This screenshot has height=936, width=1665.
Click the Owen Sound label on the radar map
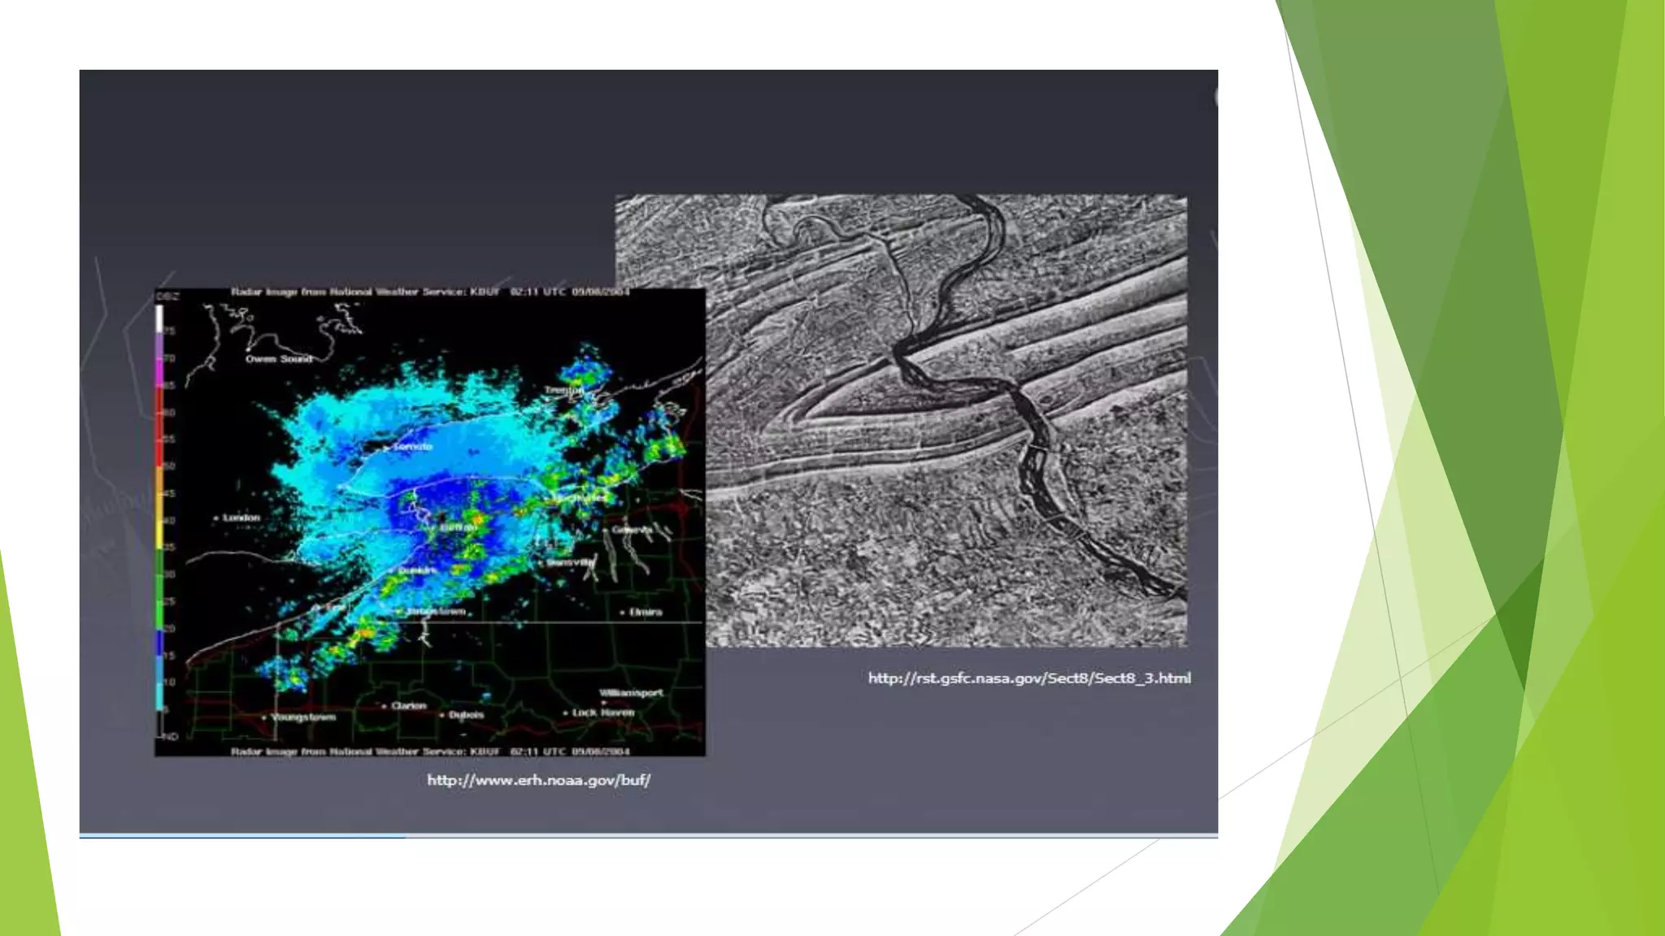tap(279, 358)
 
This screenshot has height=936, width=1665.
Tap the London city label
tap(241, 518)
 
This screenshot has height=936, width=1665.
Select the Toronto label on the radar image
tap(412, 447)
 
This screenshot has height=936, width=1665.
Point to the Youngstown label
tap(303, 717)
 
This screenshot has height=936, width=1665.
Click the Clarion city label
tap(408, 706)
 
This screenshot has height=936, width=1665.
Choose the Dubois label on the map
tap(466, 715)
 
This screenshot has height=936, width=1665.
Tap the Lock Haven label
tap(602, 713)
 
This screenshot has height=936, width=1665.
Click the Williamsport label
tap(631, 693)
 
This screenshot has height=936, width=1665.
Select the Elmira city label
tap(646, 612)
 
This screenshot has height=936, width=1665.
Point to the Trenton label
tap(563, 391)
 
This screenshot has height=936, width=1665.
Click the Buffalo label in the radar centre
tap(458, 528)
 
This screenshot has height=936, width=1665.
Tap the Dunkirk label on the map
tap(418, 571)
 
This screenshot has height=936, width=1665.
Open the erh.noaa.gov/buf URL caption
tap(538, 780)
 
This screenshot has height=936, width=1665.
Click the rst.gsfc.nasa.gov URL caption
tap(1029, 678)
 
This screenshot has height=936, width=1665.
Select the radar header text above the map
tap(430, 292)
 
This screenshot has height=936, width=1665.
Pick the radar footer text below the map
tap(430, 752)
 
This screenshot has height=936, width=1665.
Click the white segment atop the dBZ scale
tap(159, 317)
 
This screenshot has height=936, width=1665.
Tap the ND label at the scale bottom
tap(170, 737)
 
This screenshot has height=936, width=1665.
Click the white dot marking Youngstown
tap(264, 718)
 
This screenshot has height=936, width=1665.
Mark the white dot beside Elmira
tap(623, 613)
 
